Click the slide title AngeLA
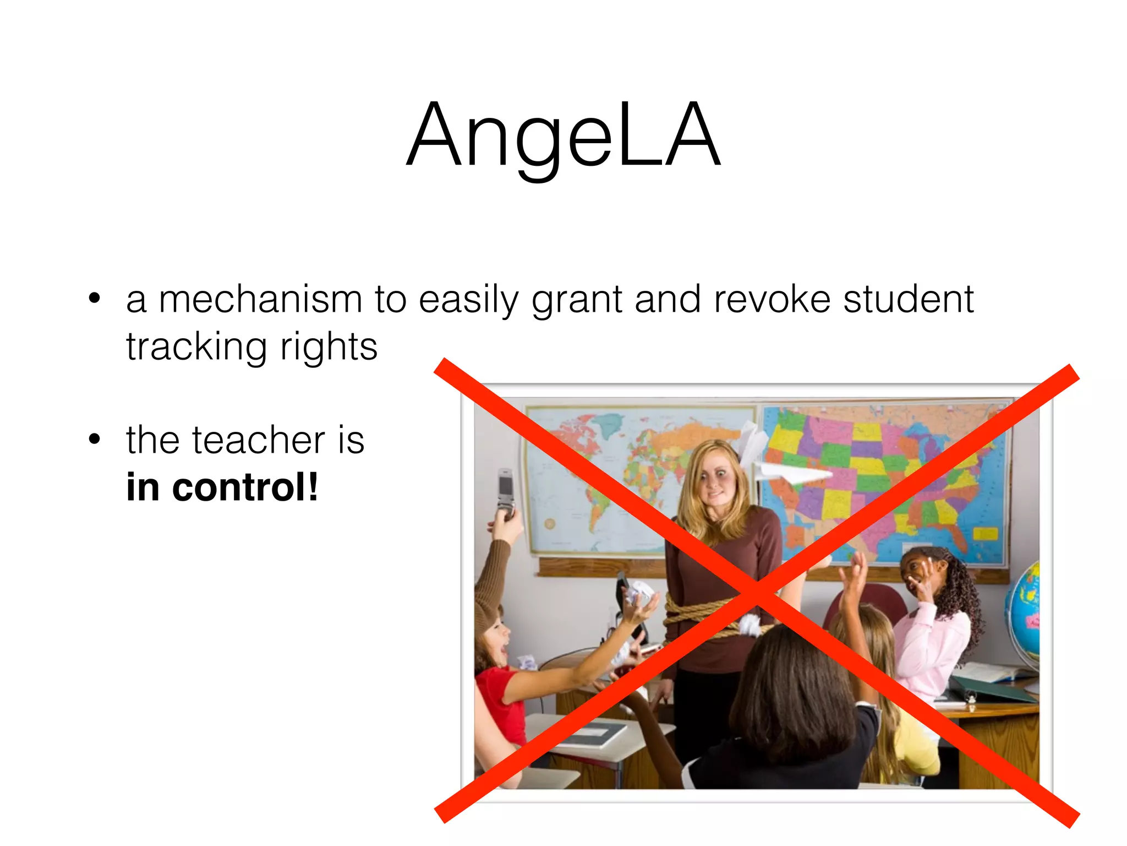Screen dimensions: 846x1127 [563, 135]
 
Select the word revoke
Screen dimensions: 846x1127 [772, 300]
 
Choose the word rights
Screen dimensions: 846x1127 [329, 347]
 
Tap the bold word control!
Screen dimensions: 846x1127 [245, 488]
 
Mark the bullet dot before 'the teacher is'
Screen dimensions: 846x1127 [95, 440]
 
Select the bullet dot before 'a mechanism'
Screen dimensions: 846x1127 [95, 299]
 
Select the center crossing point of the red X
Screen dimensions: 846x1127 [757, 592]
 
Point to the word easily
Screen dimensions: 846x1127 [468, 300]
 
